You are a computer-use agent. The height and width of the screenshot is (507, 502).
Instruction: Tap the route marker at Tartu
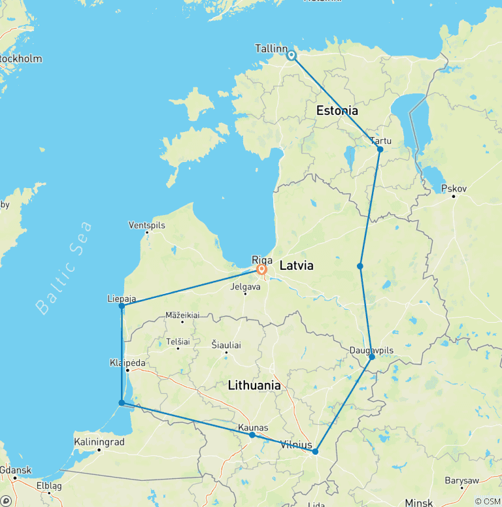[380, 150]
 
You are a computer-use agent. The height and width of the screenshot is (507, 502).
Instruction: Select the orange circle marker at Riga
[262, 269]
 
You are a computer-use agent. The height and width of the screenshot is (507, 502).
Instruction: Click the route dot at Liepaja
[122, 306]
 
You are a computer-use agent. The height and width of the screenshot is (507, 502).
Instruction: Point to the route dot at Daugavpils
[372, 357]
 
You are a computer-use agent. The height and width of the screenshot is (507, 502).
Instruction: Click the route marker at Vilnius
[315, 451]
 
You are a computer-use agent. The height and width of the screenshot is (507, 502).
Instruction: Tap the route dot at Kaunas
[252, 434]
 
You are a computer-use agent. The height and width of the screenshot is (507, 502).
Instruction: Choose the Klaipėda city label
[127, 363]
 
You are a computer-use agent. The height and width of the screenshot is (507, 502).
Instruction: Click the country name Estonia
[337, 110]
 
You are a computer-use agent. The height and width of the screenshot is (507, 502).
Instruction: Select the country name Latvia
[296, 266]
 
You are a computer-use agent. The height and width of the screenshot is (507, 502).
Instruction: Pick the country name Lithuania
[254, 386]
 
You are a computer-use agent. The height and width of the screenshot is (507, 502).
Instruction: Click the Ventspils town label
[147, 225]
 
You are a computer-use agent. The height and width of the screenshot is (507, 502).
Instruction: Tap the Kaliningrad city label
[99, 442]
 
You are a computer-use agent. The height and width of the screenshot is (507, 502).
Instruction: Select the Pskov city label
[454, 189]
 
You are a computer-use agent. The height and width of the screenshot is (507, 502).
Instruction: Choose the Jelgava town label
[245, 286]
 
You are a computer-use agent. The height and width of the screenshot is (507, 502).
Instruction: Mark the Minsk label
[418, 502]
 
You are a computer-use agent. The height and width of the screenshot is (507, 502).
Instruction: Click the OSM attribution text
[488, 501]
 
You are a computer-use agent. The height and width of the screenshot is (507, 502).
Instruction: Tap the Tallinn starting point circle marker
[292, 56]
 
